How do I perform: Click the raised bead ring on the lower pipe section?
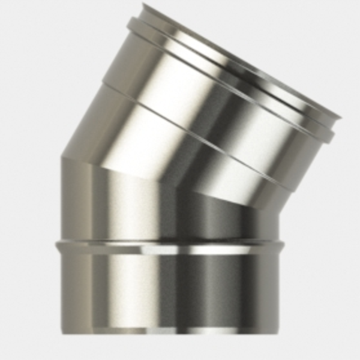tap(168, 246)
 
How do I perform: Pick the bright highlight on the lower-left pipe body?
tap(120, 288)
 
